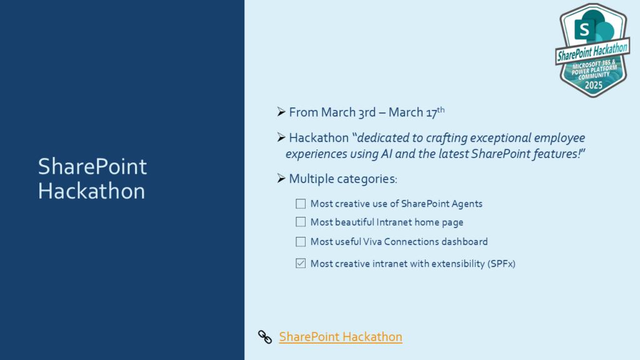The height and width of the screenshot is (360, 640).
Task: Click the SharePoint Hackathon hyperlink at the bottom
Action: tap(341, 337)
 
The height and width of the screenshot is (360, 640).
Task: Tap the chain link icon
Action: tap(265, 337)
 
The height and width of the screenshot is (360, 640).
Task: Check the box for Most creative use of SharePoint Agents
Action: tap(301, 204)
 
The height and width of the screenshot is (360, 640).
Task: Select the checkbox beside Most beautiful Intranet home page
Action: tap(301, 222)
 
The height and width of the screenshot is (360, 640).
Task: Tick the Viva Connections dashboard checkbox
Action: tap(301, 242)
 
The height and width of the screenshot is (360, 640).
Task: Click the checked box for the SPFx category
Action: tap(301, 263)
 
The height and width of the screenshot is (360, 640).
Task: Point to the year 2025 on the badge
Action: tap(594, 85)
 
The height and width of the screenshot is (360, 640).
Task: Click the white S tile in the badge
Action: tap(584, 30)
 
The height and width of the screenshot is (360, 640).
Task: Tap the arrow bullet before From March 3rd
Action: tap(281, 111)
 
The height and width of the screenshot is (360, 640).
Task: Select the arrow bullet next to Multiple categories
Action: tap(281, 178)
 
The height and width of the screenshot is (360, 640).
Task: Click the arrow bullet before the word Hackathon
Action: tap(281, 137)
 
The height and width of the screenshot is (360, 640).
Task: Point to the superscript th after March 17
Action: tap(441, 109)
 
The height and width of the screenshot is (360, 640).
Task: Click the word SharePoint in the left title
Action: tap(92, 166)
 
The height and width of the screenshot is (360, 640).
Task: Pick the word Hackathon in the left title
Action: tap(91, 191)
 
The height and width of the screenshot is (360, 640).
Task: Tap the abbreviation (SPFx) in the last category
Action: tap(501, 264)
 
